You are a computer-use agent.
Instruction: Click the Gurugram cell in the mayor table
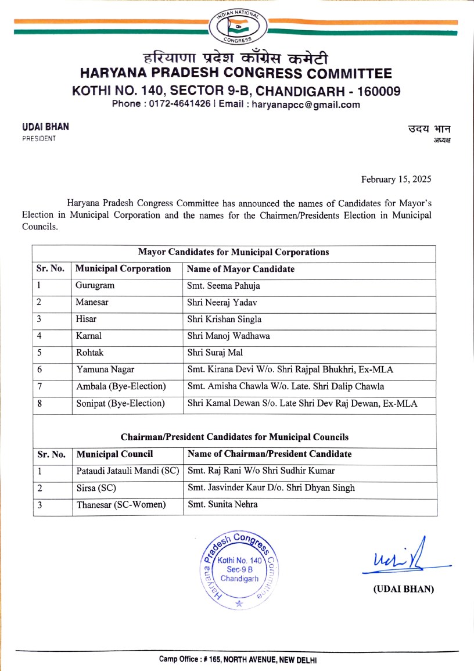(95, 286)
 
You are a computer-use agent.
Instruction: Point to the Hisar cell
(86, 320)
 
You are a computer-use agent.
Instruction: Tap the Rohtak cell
(89, 353)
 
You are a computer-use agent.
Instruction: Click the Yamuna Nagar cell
(102, 369)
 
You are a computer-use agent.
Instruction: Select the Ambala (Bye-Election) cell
(120, 386)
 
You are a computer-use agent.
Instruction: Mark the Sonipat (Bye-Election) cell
(120, 403)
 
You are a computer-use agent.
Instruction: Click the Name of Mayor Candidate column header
(240, 270)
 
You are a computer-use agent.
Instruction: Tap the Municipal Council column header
(115, 454)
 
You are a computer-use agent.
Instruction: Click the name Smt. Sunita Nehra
(222, 505)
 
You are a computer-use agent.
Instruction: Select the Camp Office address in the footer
(238, 660)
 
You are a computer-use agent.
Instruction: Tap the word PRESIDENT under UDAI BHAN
(39, 139)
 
